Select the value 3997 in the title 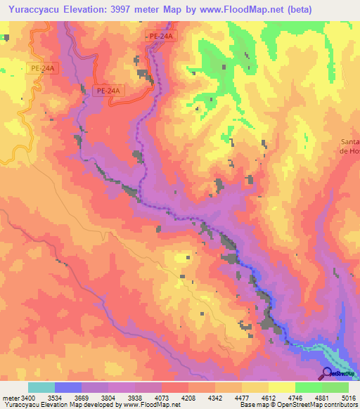(135, 9)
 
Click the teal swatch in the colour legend (41, 387)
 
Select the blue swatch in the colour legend (68, 387)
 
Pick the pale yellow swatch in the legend (282, 387)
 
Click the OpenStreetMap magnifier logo (327, 373)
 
